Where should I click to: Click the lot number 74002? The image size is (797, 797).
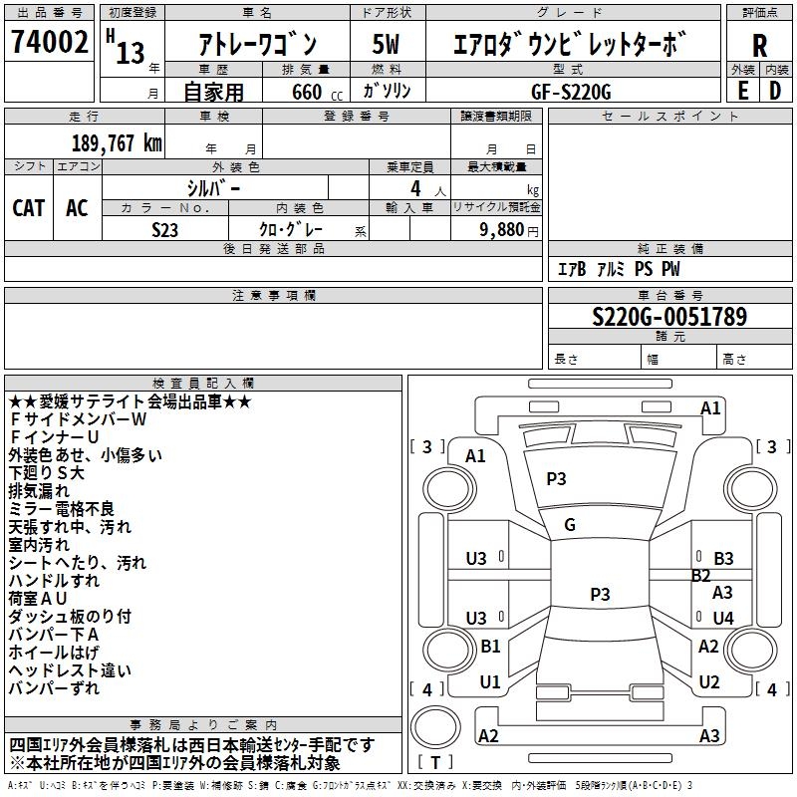(x=49, y=43)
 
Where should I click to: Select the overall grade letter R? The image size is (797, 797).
(x=759, y=45)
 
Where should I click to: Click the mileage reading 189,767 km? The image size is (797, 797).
(x=117, y=142)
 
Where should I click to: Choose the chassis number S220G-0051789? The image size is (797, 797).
(x=668, y=317)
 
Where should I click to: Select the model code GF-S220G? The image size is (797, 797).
(x=573, y=91)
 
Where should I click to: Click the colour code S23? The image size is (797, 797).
(x=165, y=229)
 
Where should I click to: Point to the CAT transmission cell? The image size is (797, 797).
(x=28, y=207)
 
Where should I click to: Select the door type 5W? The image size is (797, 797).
(x=386, y=45)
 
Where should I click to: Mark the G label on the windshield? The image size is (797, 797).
(x=570, y=524)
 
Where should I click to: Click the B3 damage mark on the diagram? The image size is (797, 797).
(x=723, y=559)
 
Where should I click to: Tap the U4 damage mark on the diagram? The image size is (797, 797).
(x=723, y=618)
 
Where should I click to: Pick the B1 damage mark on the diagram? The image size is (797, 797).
(x=490, y=647)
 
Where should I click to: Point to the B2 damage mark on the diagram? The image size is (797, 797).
(x=701, y=575)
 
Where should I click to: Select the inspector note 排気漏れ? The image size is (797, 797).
(x=39, y=490)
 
